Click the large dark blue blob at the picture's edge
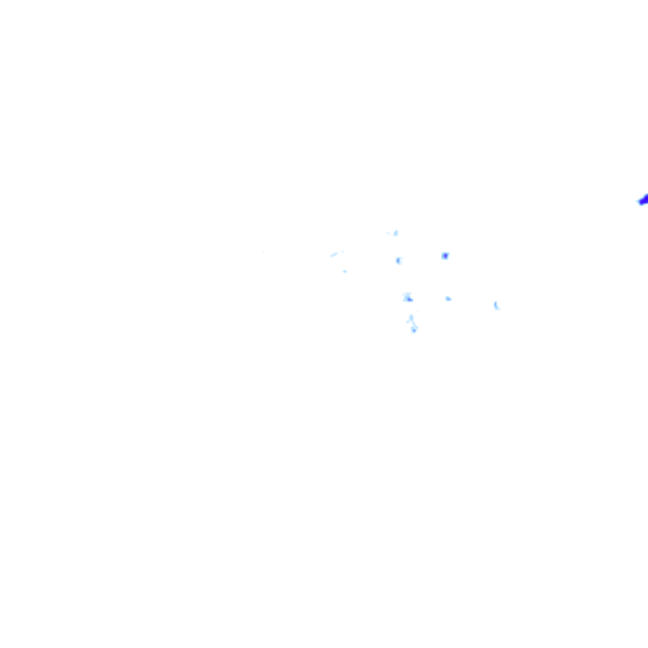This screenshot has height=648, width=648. (x=644, y=200)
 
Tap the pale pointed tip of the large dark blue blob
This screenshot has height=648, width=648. (x=638, y=202)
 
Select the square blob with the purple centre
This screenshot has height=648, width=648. (x=445, y=256)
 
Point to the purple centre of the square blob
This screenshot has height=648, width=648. (x=445, y=256)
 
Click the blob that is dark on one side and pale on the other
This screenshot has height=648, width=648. (x=399, y=260)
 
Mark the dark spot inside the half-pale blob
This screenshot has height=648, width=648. (x=397, y=260)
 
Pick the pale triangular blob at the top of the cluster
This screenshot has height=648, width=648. (x=396, y=233)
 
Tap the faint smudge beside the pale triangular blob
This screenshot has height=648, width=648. (x=389, y=233)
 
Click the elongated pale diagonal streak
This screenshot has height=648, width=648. (x=334, y=254)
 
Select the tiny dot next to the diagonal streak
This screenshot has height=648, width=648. (x=342, y=251)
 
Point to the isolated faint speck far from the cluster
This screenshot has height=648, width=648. (x=263, y=252)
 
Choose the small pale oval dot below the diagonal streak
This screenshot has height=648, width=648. (x=345, y=271)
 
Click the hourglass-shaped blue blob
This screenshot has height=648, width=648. (x=408, y=297)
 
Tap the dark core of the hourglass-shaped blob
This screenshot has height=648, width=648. (x=409, y=299)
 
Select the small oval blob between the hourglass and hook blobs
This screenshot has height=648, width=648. (x=448, y=298)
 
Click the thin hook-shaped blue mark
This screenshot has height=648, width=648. (x=496, y=306)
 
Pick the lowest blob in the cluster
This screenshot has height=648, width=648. (x=414, y=329)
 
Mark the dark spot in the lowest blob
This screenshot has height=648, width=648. (x=414, y=330)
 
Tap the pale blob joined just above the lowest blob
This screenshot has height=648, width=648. (x=411, y=319)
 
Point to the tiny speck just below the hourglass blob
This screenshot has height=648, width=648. (x=417, y=311)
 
